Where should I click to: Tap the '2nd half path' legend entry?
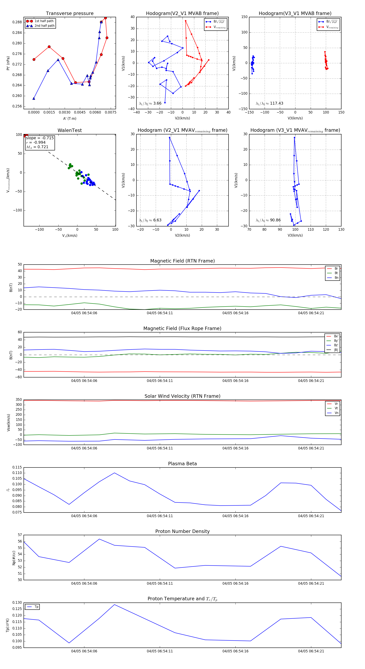coord(44,26)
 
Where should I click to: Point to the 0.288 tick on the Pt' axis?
coord(17,22)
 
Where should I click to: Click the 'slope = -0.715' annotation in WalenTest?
coord(40,138)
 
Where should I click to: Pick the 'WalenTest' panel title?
coord(70,130)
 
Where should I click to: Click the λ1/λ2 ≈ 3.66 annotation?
coord(150,103)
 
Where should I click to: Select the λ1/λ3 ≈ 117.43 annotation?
coord(269,103)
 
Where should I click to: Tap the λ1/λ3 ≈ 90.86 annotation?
coord(268,220)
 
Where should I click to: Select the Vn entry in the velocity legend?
coord(336,413)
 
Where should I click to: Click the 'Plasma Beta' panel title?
coord(182,464)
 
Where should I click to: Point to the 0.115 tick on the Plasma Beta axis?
coord(17,467)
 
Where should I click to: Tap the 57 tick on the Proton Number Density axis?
coord(20,535)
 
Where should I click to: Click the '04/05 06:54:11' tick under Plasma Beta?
coord(160,516)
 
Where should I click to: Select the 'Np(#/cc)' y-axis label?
coord(14,558)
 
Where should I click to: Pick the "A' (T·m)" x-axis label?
coord(70,119)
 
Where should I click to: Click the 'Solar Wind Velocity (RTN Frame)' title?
coord(182,396)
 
